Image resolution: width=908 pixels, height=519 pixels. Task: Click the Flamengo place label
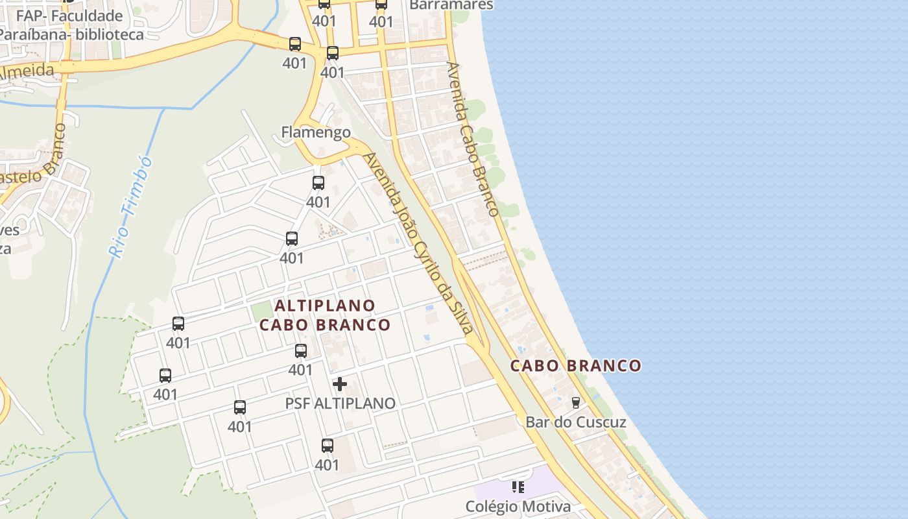click(x=316, y=133)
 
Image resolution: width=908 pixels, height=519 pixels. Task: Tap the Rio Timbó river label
click(x=130, y=207)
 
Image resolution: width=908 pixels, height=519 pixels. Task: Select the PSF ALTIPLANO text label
click(x=340, y=404)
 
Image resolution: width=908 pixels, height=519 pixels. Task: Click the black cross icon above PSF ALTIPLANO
click(x=340, y=384)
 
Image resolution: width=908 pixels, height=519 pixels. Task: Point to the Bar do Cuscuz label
click(x=576, y=422)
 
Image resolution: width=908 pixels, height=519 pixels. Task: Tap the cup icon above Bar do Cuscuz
click(x=575, y=403)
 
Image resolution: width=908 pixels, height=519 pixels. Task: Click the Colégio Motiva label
click(x=518, y=507)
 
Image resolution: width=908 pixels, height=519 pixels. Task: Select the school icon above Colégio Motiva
click(x=518, y=487)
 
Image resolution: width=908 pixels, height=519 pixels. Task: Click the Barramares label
click(x=451, y=5)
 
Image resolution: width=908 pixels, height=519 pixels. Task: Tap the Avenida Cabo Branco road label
click(x=473, y=139)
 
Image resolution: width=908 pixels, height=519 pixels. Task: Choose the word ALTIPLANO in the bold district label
click(x=325, y=305)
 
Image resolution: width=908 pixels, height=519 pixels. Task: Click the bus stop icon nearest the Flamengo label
click(x=318, y=183)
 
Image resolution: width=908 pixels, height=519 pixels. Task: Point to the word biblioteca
click(x=110, y=34)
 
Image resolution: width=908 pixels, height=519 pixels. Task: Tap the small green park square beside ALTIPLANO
click(x=260, y=311)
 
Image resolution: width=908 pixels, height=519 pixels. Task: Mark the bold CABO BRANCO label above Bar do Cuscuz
click(x=576, y=366)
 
